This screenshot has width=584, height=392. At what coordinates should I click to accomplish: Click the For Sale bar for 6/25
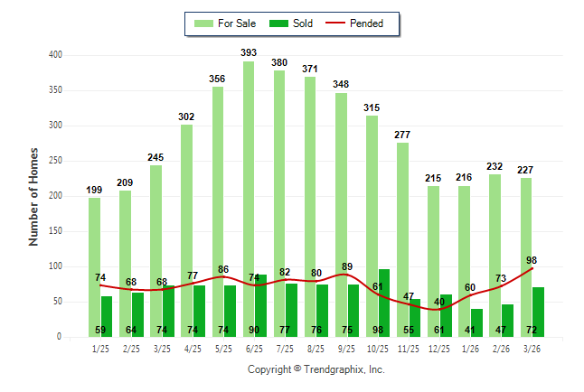click(248, 199)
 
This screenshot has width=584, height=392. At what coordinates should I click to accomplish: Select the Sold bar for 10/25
click(383, 303)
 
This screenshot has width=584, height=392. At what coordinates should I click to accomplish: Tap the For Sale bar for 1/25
click(94, 267)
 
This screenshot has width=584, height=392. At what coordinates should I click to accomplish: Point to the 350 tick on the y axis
click(55, 90)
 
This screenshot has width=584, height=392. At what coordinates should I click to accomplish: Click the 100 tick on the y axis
click(55, 266)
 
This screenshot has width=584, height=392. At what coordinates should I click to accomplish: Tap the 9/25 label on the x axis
click(346, 348)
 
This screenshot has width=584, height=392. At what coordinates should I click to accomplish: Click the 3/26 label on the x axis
click(532, 348)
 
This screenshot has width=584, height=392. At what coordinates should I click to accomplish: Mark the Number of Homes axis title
click(34, 196)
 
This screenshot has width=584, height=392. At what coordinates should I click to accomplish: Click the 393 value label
click(249, 53)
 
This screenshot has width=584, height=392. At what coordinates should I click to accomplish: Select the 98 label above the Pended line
click(532, 260)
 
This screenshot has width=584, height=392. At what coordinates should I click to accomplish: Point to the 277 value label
click(402, 135)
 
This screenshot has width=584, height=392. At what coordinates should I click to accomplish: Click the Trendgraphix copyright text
click(316, 369)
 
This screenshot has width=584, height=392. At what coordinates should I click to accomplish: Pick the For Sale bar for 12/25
click(433, 261)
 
